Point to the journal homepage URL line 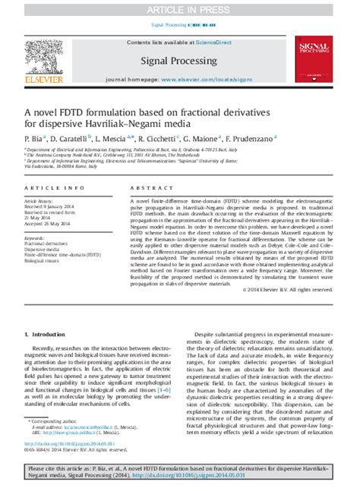(x=180, y=80)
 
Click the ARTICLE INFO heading (x=50, y=187)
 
